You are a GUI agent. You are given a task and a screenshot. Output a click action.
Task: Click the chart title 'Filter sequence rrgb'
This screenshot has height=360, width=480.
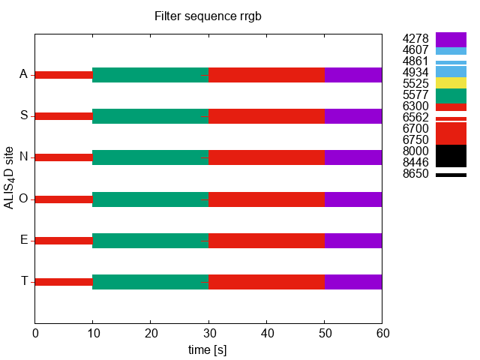208,16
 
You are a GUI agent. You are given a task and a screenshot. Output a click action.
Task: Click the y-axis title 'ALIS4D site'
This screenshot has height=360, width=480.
10,178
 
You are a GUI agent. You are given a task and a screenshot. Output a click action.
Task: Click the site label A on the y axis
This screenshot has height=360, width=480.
24,74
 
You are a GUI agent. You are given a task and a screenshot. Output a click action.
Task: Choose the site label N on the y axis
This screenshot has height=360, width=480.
24,157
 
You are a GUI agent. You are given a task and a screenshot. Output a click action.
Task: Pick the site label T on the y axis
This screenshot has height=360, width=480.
24,281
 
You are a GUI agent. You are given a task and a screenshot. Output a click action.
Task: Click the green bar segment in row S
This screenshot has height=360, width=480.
150,116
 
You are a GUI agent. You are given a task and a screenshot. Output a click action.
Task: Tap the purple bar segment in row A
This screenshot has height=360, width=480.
353,75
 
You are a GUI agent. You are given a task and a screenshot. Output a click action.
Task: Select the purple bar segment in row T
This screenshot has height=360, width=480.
353,282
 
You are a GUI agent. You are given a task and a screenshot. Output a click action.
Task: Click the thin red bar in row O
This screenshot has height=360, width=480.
64,199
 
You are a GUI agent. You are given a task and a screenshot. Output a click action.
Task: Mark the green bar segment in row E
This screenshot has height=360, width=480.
150,241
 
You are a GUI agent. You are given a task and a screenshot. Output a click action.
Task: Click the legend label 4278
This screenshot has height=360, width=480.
415,39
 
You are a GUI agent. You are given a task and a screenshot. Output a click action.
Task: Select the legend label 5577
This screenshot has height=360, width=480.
415,95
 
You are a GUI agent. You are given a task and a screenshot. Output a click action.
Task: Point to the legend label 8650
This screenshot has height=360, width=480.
415,174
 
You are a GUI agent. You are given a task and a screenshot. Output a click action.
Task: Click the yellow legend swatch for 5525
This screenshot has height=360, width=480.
451,82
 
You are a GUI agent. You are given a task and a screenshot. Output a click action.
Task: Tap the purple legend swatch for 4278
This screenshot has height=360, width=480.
451,40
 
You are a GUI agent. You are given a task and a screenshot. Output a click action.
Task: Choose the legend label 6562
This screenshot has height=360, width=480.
415,118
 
